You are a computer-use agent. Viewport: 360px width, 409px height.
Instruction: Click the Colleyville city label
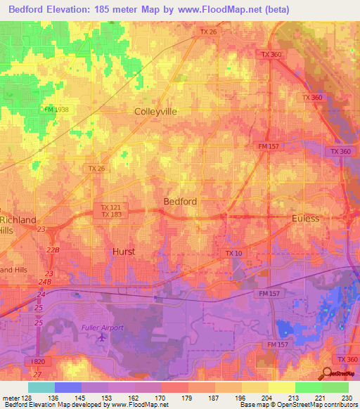pyautogui.click(x=155, y=111)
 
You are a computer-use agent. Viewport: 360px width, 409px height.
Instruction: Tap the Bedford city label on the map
pyautogui.click(x=180, y=201)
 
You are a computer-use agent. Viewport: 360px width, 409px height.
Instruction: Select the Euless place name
pyautogui.click(x=305, y=219)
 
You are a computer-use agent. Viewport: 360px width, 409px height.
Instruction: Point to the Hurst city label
pyautogui.click(x=124, y=251)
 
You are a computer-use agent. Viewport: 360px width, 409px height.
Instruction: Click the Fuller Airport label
pyautogui.click(x=101, y=327)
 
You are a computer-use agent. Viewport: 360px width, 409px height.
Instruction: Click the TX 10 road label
pyautogui.click(x=233, y=253)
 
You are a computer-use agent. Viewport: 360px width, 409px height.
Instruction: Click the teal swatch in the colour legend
pyautogui.click(x=41, y=387)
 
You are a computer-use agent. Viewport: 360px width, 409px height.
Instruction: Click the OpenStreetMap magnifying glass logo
pyautogui.click(x=328, y=374)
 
